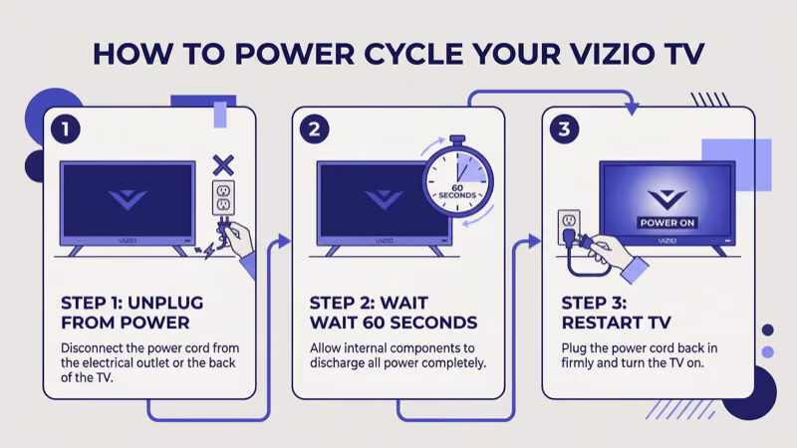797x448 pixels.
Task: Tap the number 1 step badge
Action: pos(64,129)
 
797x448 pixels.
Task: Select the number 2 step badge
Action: pos(315,129)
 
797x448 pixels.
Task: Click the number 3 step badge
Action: pos(565,129)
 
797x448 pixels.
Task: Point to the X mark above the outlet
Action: pos(224,163)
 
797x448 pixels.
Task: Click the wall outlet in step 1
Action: pos(223,198)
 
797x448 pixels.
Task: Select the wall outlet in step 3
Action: pos(569,222)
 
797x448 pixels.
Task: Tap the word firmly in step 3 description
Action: pos(583,363)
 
